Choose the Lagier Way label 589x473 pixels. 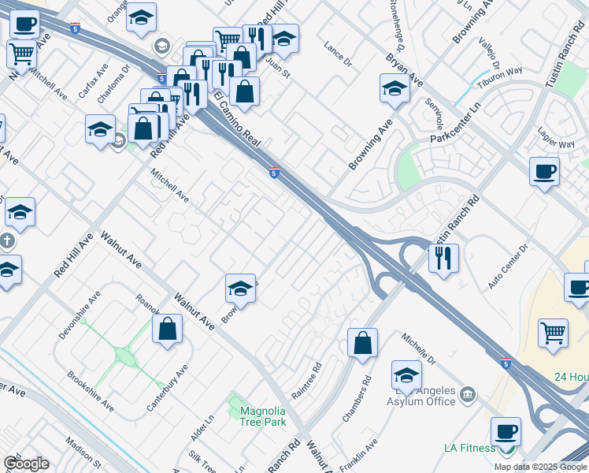pyautogui.click(x=556, y=144)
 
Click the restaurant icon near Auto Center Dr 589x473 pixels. pyautogui.click(x=443, y=258)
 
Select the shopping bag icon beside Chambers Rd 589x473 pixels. pyautogui.click(x=362, y=343)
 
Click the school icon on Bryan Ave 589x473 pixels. pyautogui.click(x=394, y=89)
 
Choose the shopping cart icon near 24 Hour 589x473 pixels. pyautogui.click(x=553, y=333)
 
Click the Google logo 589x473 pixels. pyautogui.click(x=26, y=464)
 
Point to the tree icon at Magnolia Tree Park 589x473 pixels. pyautogui.click(x=234, y=408)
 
